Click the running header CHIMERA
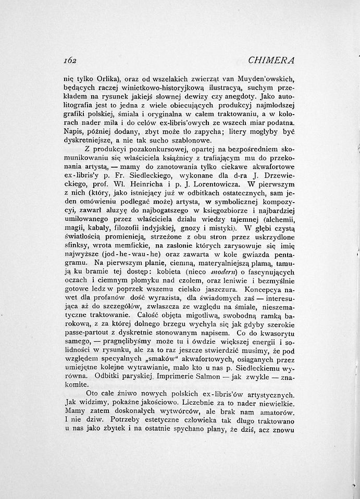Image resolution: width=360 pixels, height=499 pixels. (272, 60)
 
